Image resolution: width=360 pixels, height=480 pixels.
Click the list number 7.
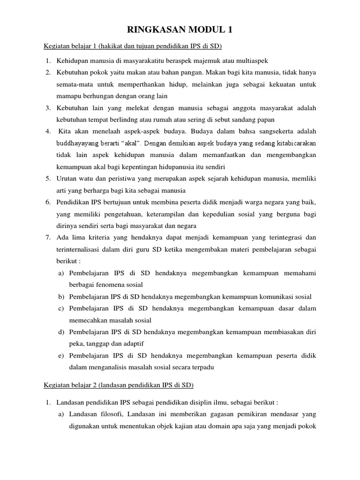pyautogui.click(x=48, y=237)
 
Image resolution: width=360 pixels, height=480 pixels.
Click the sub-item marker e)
pyautogui.click(x=61, y=356)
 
